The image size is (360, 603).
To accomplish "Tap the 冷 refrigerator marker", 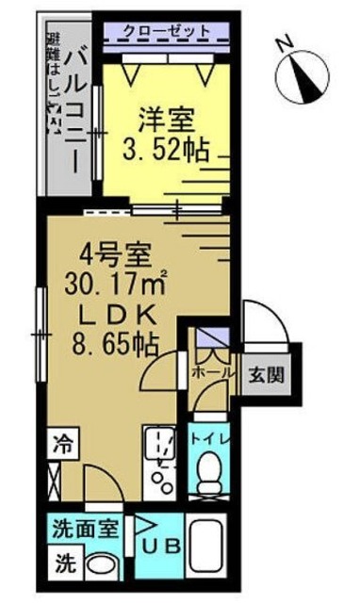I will tap(61, 441).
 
